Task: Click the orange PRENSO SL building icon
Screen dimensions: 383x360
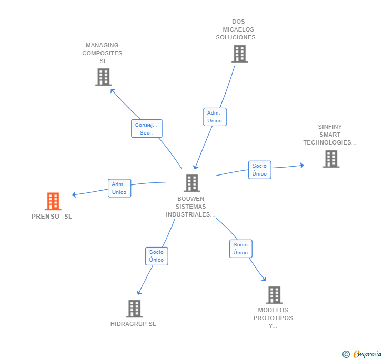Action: click(53, 201)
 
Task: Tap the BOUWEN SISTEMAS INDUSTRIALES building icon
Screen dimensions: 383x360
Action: click(192, 183)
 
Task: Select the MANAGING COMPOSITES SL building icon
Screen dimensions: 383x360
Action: click(103, 77)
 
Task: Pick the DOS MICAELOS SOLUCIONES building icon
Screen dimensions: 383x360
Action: click(239, 54)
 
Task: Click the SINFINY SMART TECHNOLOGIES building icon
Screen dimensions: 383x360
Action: click(331, 159)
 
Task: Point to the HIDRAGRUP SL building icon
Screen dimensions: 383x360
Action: click(134, 308)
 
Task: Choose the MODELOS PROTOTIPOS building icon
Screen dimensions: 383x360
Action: click(274, 295)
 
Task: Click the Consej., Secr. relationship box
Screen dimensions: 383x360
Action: click(147, 129)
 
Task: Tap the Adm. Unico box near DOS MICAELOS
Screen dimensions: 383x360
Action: click(215, 117)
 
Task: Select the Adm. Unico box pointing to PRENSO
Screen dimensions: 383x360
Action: click(119, 188)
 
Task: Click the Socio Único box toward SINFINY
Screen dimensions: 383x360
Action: click(260, 170)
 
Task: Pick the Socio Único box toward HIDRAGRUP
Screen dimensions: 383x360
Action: click(157, 256)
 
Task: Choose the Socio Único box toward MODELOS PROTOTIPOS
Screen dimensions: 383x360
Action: click(241, 249)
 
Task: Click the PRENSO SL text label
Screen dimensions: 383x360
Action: click(52, 217)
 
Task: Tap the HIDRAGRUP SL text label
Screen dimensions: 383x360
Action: click(133, 324)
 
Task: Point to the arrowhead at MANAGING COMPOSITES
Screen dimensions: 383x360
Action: click(112, 91)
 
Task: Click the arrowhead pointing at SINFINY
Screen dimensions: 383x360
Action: click(302, 166)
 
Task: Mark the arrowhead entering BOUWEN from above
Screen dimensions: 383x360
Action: click(195, 167)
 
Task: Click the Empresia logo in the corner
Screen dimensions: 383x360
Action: click(367, 354)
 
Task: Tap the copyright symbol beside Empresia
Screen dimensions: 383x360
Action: click(346, 354)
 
